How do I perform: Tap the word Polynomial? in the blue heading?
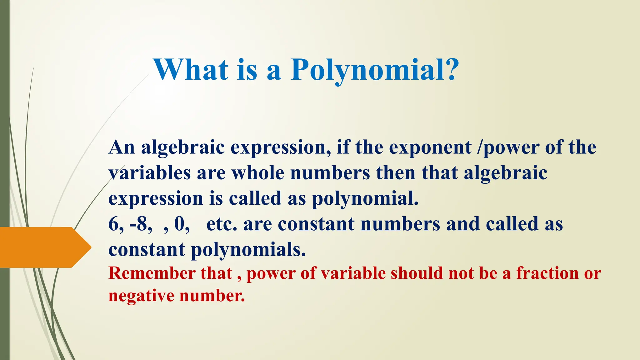(375, 70)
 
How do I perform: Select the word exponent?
(430, 147)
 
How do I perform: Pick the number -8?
(140, 224)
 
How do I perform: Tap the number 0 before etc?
(180, 224)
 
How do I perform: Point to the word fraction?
(547, 273)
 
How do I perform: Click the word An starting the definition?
(122, 147)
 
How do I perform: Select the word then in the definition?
(396, 173)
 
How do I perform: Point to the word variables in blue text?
(149, 173)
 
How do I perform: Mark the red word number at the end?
(212, 296)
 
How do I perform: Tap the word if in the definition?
(343, 147)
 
